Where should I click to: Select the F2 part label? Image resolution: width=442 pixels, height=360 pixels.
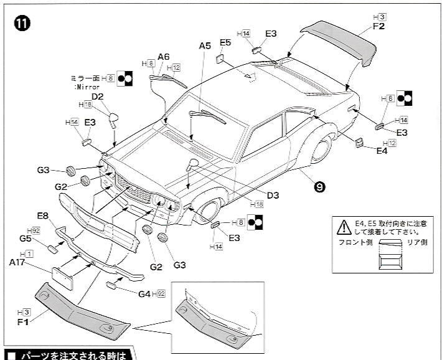379,26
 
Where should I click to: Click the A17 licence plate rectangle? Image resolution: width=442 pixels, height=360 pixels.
62,276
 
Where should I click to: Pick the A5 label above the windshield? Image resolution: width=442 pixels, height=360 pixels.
205,45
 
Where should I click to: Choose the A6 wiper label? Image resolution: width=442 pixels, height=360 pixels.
163,57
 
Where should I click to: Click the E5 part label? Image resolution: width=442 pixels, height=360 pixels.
225,43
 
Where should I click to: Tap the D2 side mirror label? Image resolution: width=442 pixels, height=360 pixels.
97,97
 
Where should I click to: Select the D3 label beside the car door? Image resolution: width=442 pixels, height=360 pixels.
273,195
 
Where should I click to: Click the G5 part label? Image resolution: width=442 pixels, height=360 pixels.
25,238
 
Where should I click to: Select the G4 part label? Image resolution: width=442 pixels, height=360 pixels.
144,293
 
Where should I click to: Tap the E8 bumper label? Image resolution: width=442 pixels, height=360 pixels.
42,216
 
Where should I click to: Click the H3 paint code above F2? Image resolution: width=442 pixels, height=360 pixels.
379,16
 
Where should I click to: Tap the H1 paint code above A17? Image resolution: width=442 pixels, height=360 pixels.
27,254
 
